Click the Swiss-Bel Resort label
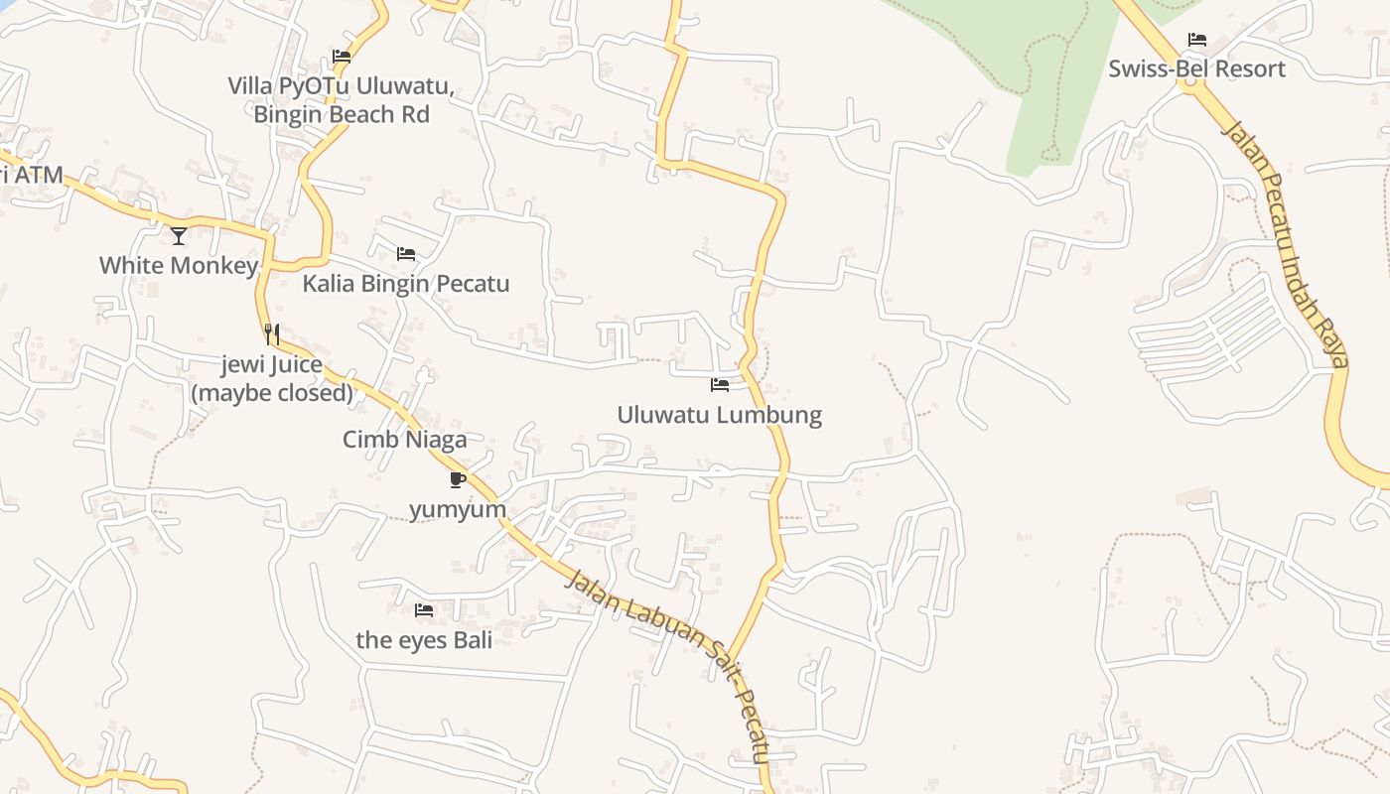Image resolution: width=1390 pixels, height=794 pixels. coord(1196,68)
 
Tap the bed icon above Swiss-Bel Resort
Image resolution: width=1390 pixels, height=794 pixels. coord(1197,40)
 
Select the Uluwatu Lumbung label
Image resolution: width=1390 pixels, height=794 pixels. coord(719,414)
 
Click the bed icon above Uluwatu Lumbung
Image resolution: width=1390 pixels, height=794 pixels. coord(720,384)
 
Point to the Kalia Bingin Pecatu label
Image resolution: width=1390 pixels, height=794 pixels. coord(405,284)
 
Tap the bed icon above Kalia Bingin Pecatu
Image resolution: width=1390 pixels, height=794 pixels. coord(406,254)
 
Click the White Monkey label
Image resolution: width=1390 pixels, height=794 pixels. coord(179,265)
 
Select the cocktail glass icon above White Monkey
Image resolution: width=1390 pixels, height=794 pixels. coord(179,235)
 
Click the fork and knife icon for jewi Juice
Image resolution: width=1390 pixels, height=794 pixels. coord(272,334)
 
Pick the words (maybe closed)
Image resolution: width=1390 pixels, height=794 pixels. coord(272,393)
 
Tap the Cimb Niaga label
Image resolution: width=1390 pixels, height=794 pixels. coord(404,439)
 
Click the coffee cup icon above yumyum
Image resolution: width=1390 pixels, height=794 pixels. coord(458,480)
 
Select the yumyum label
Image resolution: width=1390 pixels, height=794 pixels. coord(458,509)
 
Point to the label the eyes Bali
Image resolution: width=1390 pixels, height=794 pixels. coord(424,640)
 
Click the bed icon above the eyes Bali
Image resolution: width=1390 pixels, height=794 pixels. coord(424,610)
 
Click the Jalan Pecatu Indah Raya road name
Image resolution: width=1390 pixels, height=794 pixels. coord(1287,244)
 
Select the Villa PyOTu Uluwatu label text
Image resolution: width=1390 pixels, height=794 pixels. coord(341,86)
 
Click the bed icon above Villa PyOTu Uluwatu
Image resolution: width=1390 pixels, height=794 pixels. coord(342,57)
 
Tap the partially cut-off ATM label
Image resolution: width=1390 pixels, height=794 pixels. coord(31,176)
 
